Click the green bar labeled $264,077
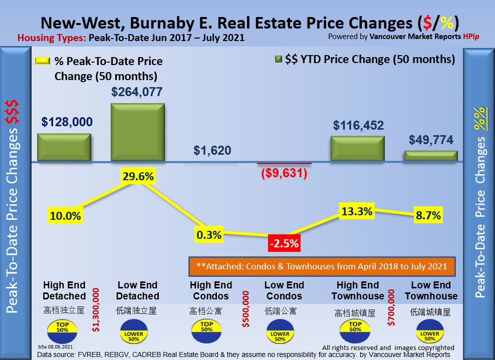tap(138, 132)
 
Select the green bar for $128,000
tap(64, 147)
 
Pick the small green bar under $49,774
tap(431, 156)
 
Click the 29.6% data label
tap(138, 176)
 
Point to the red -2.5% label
tap(284, 244)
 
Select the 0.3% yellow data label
tap(209, 234)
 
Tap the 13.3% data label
tap(357, 211)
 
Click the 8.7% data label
tap(428, 216)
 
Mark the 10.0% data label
tap(65, 216)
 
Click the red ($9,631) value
tap(284, 173)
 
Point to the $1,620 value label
tap(212, 150)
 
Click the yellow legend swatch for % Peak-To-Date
tap(43, 61)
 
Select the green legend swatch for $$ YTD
tap(278, 60)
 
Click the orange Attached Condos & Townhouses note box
tap(322, 266)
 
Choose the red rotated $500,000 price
tap(245, 309)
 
